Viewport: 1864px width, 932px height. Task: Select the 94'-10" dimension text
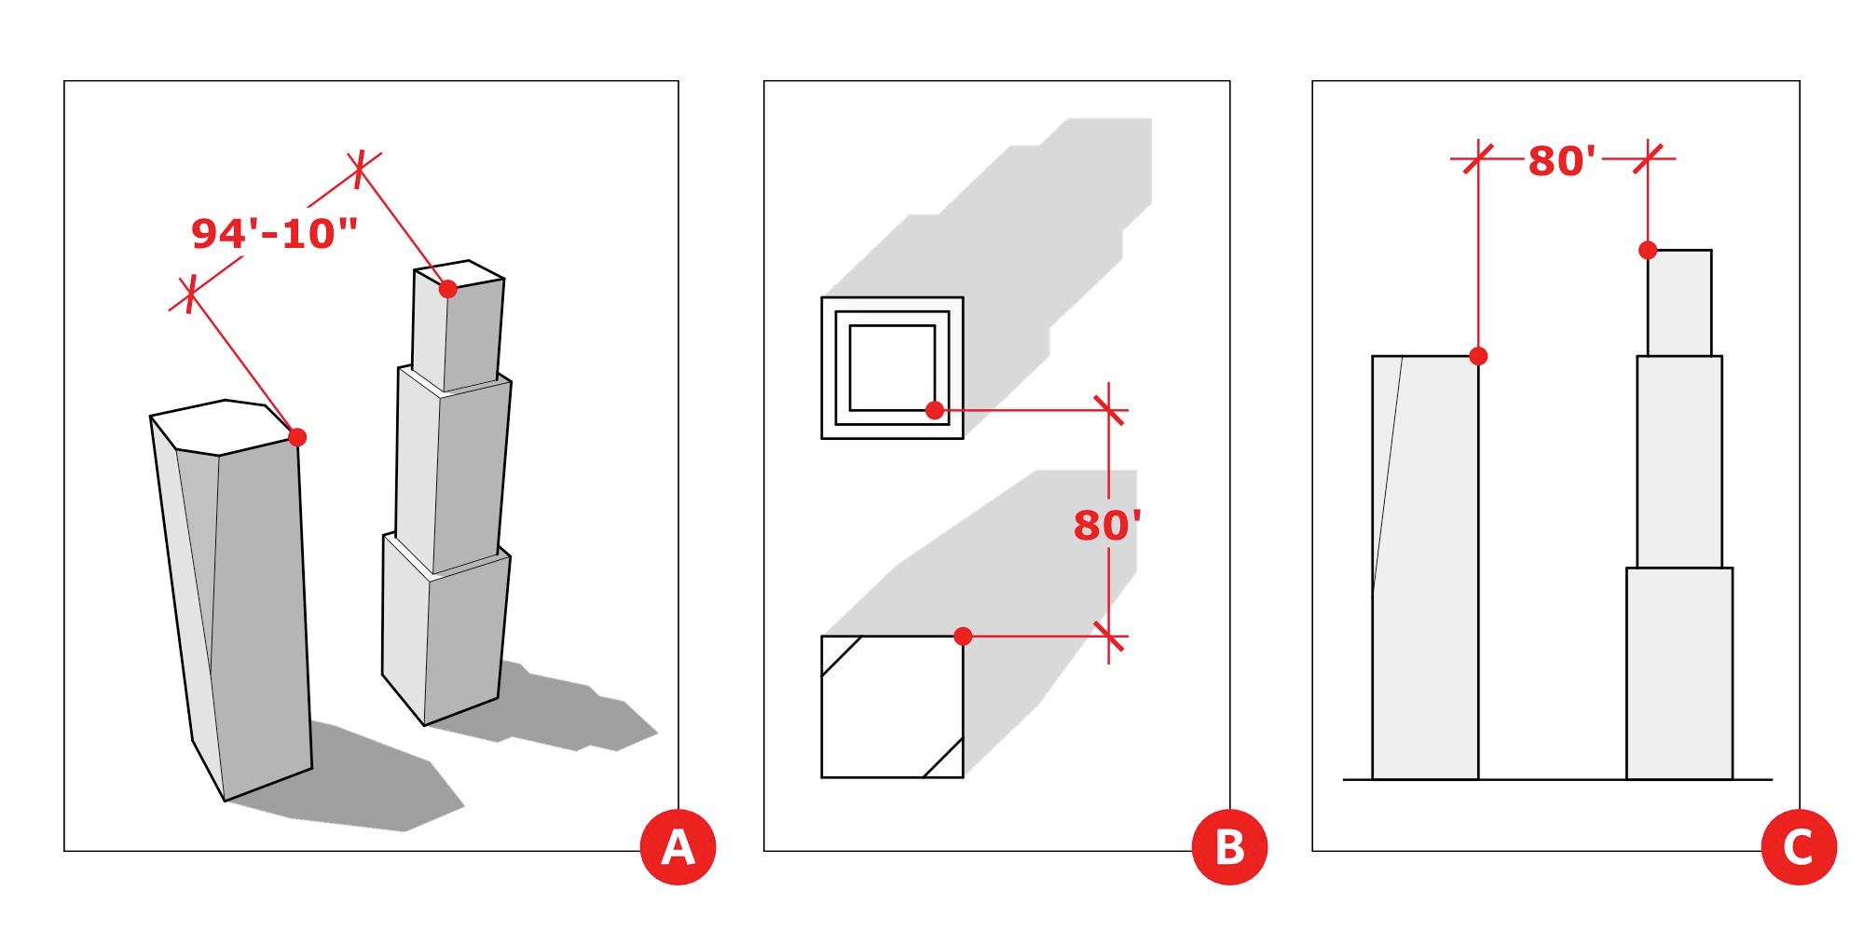point(275,233)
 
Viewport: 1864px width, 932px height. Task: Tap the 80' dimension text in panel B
point(1107,526)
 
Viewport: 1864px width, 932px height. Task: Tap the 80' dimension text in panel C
point(1562,161)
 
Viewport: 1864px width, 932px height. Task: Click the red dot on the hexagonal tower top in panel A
point(297,436)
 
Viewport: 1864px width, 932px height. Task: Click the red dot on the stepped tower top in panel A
point(447,289)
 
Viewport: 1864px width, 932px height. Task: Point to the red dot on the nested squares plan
point(935,409)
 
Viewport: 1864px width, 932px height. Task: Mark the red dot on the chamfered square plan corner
point(964,636)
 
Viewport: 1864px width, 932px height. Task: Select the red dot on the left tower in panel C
point(1477,356)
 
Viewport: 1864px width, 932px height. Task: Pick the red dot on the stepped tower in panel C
point(1648,250)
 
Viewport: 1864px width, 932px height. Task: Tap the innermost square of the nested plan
point(891,366)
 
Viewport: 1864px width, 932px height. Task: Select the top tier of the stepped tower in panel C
point(1679,303)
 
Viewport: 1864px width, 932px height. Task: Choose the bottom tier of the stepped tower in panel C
point(1679,673)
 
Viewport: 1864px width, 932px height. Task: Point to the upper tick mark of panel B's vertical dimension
point(1108,409)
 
